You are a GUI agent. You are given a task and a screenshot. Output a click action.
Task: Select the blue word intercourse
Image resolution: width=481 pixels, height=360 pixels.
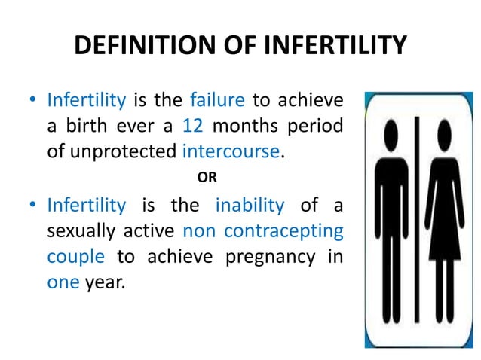(x=231, y=151)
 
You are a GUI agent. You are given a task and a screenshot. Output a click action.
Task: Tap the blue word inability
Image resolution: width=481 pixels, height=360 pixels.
(x=250, y=206)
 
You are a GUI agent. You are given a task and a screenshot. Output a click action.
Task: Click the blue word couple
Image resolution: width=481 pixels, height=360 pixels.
(x=75, y=257)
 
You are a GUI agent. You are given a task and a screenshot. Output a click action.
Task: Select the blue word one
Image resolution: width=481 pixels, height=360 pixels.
(x=63, y=282)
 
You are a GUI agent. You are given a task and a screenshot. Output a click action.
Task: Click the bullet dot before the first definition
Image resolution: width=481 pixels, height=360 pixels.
(x=32, y=100)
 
